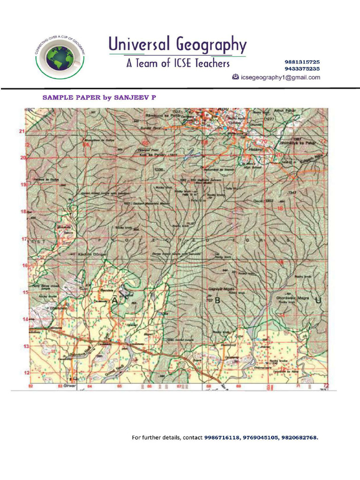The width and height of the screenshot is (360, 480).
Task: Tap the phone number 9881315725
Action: pyautogui.click(x=302, y=62)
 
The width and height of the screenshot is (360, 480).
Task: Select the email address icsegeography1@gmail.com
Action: pyautogui.click(x=280, y=77)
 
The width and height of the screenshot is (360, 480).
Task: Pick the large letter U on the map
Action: pyautogui.click(x=319, y=300)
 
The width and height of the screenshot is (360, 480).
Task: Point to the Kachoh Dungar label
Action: pyautogui.click(x=92, y=254)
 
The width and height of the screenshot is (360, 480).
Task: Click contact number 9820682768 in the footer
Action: pyautogui.click(x=300, y=437)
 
